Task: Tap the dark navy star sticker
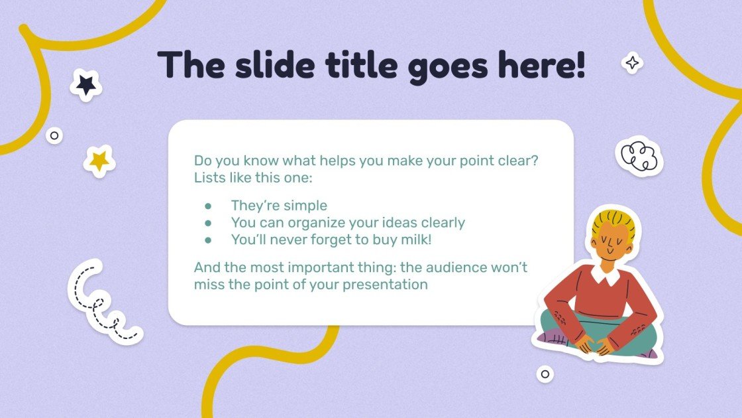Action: pyautogui.click(x=85, y=85)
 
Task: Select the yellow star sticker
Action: pyautogui.click(x=99, y=160)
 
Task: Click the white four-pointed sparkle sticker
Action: pyautogui.click(x=633, y=63)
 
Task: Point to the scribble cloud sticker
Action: pyautogui.click(x=639, y=157)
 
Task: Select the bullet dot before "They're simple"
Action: pyautogui.click(x=208, y=206)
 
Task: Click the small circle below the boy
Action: pyautogui.click(x=545, y=374)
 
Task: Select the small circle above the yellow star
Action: pyautogui.click(x=54, y=136)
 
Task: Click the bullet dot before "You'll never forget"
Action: pyautogui.click(x=208, y=240)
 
